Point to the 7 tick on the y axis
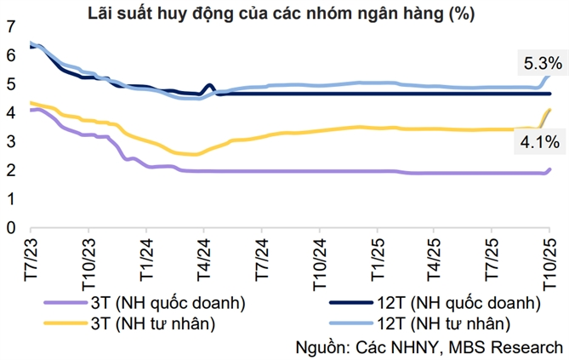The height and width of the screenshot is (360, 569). [x=9, y=26]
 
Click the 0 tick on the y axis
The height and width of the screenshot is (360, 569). [x=9, y=228]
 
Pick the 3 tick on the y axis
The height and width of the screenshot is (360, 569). [x=9, y=141]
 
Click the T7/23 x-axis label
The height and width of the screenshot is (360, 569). [x=30, y=260]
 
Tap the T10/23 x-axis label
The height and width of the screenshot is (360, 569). [x=88, y=263]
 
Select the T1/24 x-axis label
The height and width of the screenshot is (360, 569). [x=145, y=260]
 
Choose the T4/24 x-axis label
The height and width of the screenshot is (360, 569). [x=203, y=260]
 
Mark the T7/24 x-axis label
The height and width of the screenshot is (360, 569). [x=260, y=260]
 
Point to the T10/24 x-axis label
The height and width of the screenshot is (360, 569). [x=318, y=263]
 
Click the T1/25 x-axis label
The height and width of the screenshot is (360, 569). [x=376, y=260]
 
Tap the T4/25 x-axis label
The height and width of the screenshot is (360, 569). [x=433, y=260]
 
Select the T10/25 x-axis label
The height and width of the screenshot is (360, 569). [x=549, y=263]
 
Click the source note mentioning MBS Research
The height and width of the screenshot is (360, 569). [x=429, y=347]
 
